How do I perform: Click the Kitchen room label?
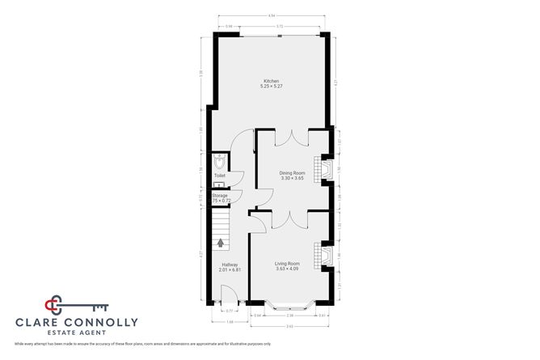click(271, 80)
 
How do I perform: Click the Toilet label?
click(219, 175)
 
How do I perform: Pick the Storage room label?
click(220, 195)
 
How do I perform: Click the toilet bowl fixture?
click(219, 159)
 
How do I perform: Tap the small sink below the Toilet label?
click(218, 184)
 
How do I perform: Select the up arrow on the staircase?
click(221, 241)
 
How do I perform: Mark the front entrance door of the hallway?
click(229, 303)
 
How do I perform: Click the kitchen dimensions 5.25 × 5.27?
click(271, 87)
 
